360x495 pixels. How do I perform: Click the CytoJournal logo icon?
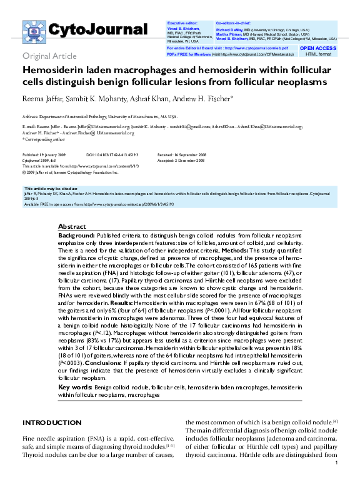tap(34, 31)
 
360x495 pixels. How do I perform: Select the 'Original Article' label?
tap(50, 56)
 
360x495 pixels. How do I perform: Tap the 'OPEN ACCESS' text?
tap(318, 47)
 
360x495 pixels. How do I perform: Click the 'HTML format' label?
tap(318, 54)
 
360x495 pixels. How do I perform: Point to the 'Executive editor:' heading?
tap(181, 22)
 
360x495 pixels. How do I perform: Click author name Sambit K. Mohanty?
tap(100, 98)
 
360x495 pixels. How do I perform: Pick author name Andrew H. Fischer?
tap(207, 98)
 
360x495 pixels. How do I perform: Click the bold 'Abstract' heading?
tap(72, 226)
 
